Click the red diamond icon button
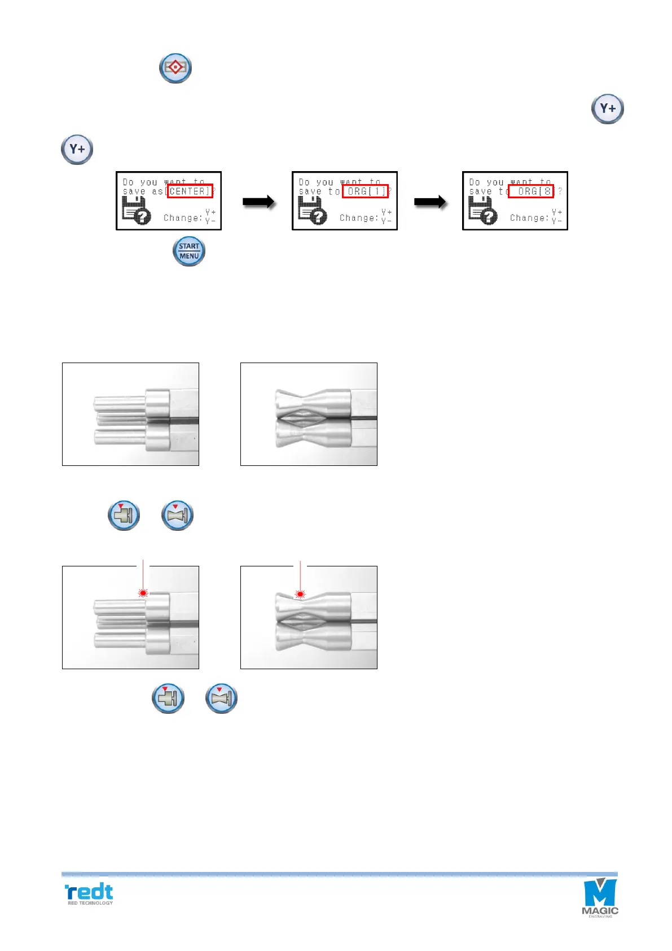point(175,68)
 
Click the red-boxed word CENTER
point(190,191)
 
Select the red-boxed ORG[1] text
point(365,191)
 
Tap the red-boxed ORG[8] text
point(531,191)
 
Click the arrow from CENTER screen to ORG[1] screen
point(258,202)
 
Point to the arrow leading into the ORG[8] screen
point(430,202)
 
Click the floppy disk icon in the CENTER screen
point(136,211)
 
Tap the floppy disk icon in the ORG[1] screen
point(312,211)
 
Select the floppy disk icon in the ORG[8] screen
point(482,211)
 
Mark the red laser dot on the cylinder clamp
point(143,593)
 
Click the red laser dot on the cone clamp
point(300,594)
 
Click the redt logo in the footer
point(89,892)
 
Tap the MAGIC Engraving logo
point(600,897)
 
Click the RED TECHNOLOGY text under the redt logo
point(90,903)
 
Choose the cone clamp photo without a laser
point(309,414)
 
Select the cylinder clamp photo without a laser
point(130,414)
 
